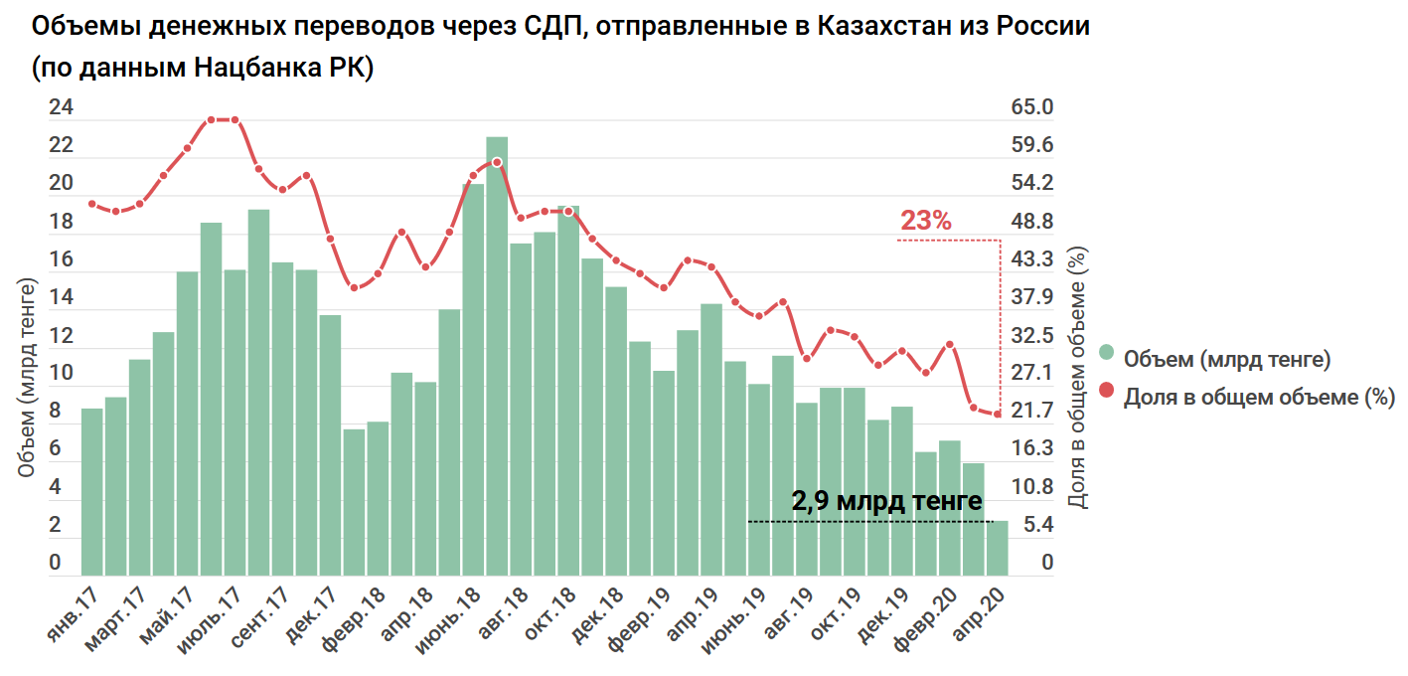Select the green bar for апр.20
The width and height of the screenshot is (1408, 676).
coord(997,548)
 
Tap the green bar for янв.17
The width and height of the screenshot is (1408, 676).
coord(91,491)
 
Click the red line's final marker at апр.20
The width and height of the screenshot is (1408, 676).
coord(998,415)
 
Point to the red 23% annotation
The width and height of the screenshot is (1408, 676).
coord(925,221)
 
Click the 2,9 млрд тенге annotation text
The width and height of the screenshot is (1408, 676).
coord(886,501)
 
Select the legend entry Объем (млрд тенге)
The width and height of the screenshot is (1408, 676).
coord(1226,358)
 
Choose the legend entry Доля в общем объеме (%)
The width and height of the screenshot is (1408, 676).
coord(1259,397)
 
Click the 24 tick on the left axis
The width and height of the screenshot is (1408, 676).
coord(62,107)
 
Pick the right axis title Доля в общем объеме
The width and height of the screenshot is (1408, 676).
coord(1079,378)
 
